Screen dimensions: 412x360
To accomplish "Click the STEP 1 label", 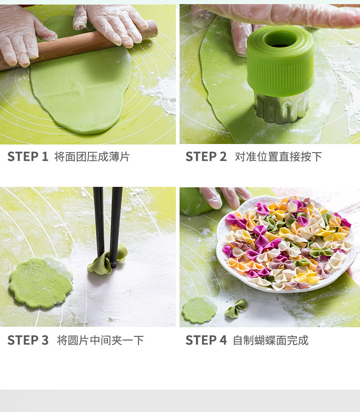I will click(27, 157).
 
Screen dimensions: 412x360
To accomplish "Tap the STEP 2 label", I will click(206, 157).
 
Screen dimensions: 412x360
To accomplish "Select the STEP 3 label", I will click(27, 340).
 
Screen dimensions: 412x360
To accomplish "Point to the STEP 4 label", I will click(206, 340).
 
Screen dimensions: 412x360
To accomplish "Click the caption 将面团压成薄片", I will click(92, 157).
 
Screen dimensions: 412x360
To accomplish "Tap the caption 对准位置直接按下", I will click(278, 157).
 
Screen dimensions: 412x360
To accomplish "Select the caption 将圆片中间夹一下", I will click(100, 340).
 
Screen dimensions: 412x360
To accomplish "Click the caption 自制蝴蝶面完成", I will click(270, 340).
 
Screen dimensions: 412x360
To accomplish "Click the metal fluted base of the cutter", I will click(281, 108).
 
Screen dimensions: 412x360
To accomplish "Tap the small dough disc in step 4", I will click(199, 310).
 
